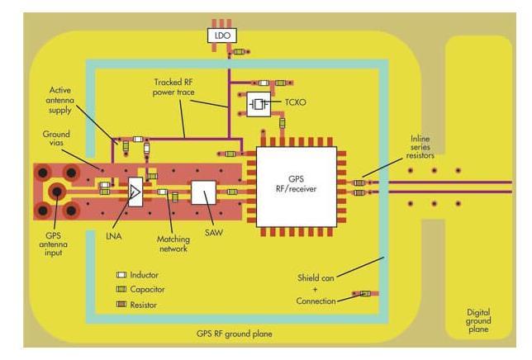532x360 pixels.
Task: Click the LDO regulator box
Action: tap(222, 36)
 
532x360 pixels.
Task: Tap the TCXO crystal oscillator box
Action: tap(259, 104)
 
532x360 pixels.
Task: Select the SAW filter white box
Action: tap(203, 192)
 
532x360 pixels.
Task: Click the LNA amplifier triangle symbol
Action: tap(135, 192)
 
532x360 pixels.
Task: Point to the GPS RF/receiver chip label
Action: tap(296, 184)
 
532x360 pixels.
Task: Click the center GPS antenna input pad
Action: tap(57, 192)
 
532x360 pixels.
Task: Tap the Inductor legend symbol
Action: tap(121, 275)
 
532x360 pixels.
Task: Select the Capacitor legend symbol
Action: tap(121, 289)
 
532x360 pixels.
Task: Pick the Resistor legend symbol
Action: tap(121, 304)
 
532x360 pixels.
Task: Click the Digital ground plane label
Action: tap(478, 320)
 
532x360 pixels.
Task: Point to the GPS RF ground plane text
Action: tap(235, 334)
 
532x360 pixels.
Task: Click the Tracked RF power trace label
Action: tap(173, 88)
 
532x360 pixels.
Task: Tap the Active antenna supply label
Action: tap(60, 100)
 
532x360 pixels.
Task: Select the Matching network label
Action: tap(173, 244)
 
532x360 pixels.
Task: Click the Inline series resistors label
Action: tap(420, 147)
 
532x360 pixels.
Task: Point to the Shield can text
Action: tap(316, 278)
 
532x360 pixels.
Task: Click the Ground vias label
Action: tap(56, 139)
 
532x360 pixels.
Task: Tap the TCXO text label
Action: tap(296, 102)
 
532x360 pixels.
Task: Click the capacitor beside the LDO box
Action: tap(239, 52)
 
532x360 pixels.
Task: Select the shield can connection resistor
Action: tap(365, 294)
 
